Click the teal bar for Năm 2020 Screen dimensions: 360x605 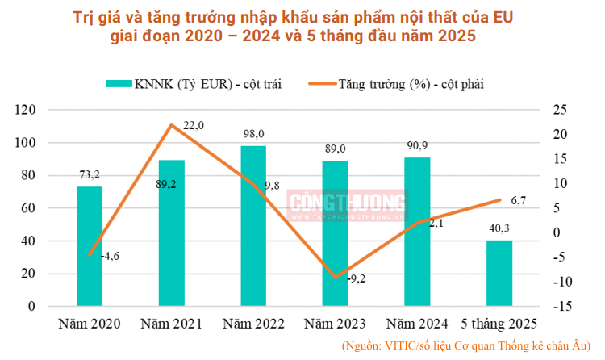pyautogui.click(x=90, y=246)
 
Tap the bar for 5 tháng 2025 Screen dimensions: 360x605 pyautogui.click(x=499, y=273)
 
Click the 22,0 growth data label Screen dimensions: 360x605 pyautogui.click(x=194, y=125)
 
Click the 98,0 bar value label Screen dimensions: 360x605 pyautogui.click(x=253, y=135)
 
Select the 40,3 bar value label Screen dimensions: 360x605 pyautogui.click(x=499, y=229)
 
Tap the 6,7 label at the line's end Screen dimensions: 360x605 pyautogui.click(x=519, y=201)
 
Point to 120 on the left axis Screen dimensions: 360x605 pyautogui.click(x=27, y=110)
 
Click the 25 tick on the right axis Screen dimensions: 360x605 pyautogui.click(x=557, y=110)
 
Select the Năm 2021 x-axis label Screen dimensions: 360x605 pyautogui.click(x=171, y=324)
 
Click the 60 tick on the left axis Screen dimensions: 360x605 pyautogui.click(x=30, y=208)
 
